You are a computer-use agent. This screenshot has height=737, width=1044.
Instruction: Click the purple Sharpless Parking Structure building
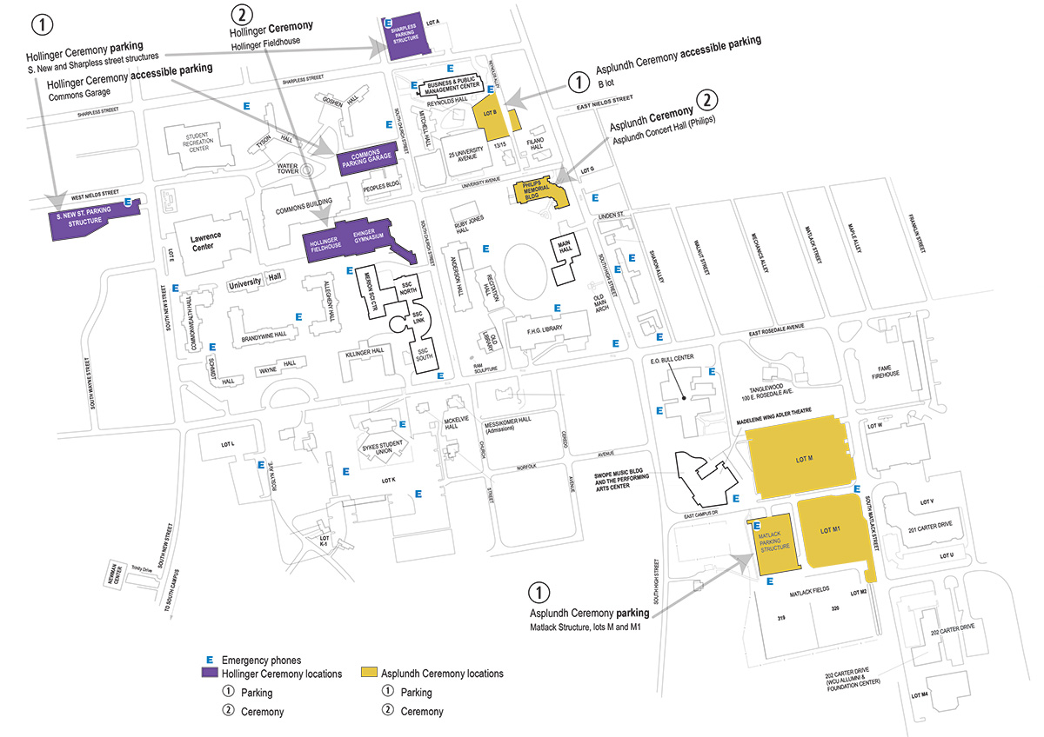[x=405, y=39]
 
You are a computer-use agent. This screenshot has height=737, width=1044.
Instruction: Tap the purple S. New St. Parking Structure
[x=85, y=222]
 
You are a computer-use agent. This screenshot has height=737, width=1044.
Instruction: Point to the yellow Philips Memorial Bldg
[x=539, y=192]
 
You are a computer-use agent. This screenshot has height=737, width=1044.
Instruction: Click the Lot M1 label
[x=830, y=529]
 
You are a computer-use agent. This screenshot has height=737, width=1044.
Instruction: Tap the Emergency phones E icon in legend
[x=208, y=660]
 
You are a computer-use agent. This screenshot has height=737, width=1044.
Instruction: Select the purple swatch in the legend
[x=209, y=674]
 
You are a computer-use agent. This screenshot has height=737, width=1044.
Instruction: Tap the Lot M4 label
[x=920, y=695]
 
